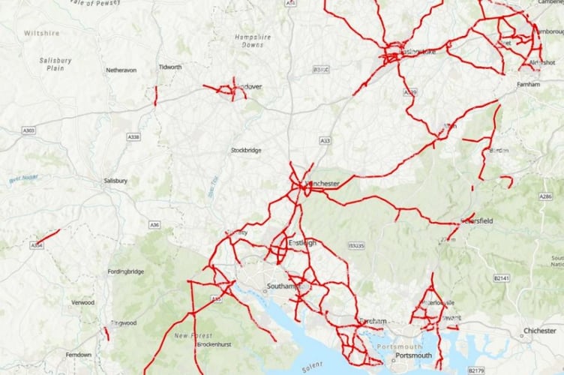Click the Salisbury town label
pyautogui.click(x=116, y=181)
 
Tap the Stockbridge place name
pyautogui.click(x=246, y=150)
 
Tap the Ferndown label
pyautogui.click(x=78, y=355)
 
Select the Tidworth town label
pyautogui.click(x=170, y=67)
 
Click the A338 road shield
pyautogui.click(x=133, y=136)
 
